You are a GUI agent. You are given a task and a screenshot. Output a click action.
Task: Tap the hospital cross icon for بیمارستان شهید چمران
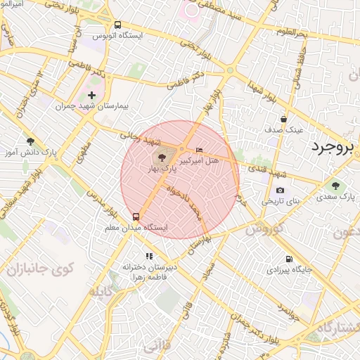coord(91,95)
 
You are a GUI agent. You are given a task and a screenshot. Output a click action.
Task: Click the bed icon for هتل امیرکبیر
coord(200,150)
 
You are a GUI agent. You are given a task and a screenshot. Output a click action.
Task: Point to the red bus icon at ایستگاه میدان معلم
coord(136,217)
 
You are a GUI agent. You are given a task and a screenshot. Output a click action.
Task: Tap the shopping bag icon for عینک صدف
coord(283,119)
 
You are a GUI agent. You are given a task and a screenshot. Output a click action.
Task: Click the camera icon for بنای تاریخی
coord(280,190)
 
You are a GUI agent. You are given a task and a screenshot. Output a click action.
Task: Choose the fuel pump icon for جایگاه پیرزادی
coord(288,258)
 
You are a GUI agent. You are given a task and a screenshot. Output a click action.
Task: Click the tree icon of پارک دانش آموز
coord(30,141)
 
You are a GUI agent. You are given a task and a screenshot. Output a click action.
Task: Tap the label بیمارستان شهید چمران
coord(94,106)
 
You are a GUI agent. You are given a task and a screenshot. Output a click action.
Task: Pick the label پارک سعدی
coord(335,198)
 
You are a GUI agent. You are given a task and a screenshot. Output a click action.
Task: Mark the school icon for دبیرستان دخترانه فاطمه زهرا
coord(148,257)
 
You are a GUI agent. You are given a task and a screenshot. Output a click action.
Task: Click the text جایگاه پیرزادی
coord(289,269)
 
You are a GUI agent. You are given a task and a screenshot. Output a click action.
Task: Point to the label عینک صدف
coord(284,130)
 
